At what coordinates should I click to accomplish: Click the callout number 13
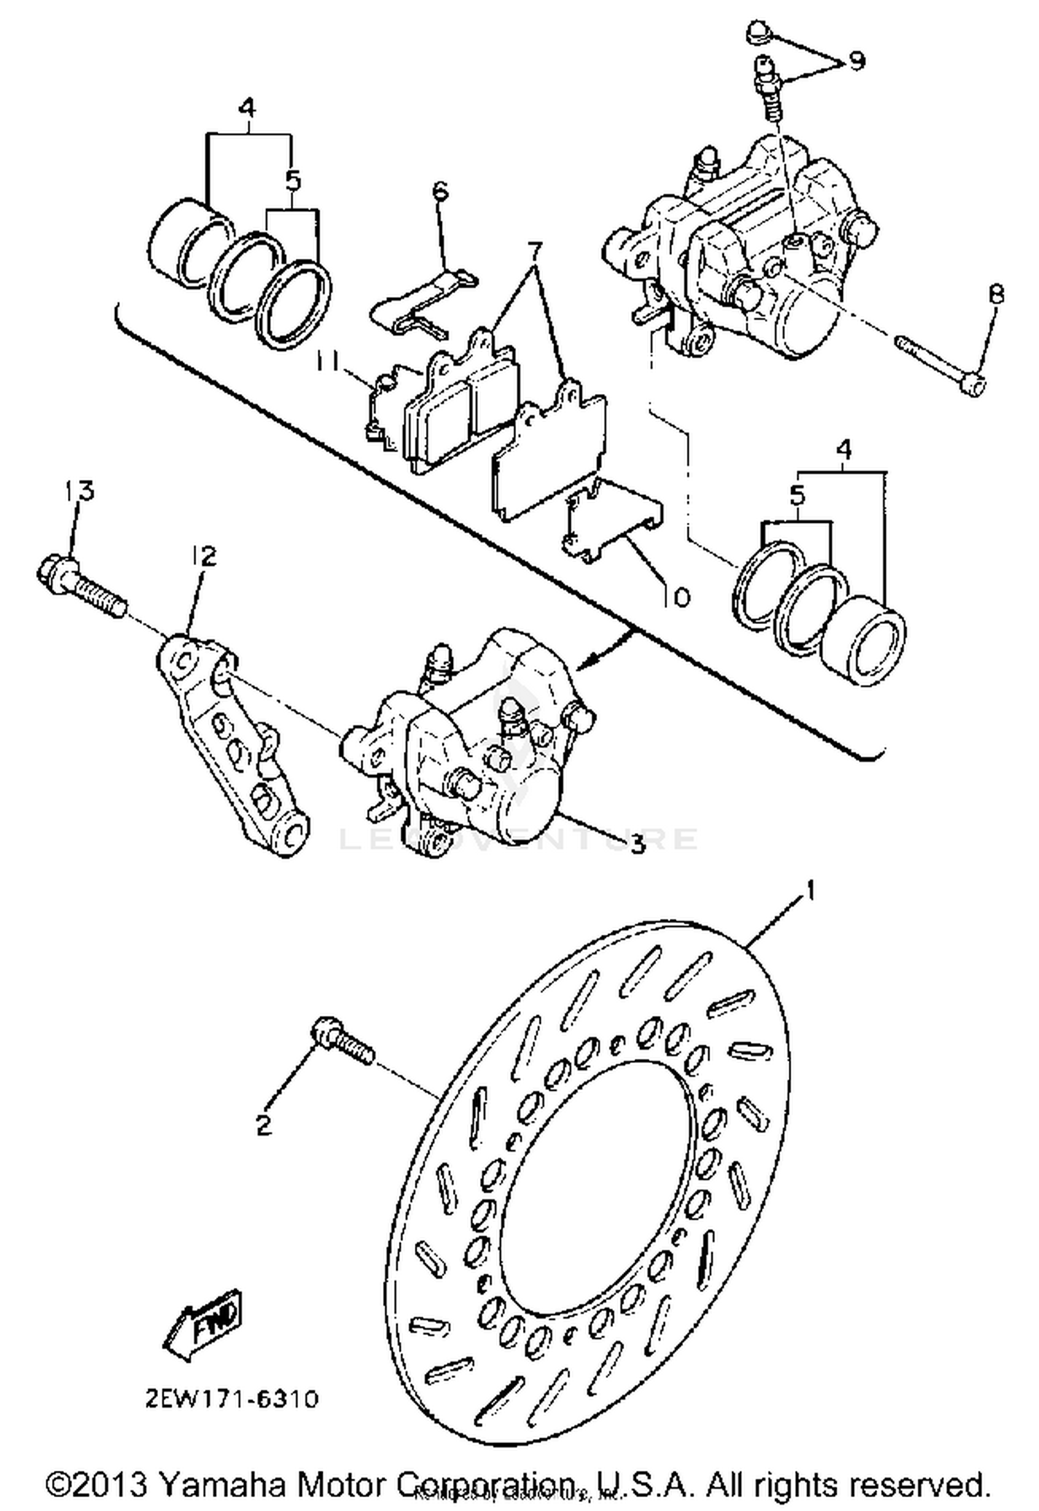(x=80, y=491)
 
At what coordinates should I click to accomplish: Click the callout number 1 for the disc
(x=808, y=891)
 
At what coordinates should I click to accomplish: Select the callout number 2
(x=264, y=1125)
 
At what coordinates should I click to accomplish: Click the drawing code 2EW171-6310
(x=233, y=1399)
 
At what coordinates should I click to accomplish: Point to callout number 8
(x=995, y=296)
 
